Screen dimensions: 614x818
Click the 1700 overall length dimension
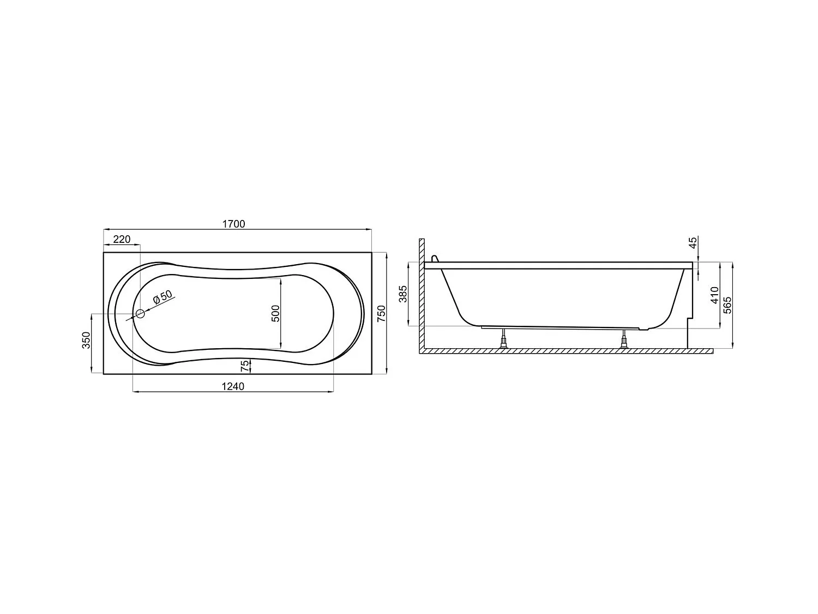pyautogui.click(x=234, y=224)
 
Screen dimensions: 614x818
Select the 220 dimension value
pyautogui.click(x=122, y=239)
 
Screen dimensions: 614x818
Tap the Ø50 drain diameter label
pyautogui.click(x=162, y=297)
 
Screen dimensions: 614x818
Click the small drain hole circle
pyautogui.click(x=140, y=313)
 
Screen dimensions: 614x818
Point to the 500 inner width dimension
pyautogui.click(x=275, y=313)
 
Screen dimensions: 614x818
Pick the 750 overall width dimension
pyautogui.click(x=381, y=313)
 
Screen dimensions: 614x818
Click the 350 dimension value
pyautogui.click(x=86, y=343)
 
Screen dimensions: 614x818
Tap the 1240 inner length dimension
pyautogui.click(x=233, y=386)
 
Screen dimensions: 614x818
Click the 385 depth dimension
pyautogui.click(x=404, y=294)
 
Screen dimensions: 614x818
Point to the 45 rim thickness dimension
pyautogui.click(x=693, y=243)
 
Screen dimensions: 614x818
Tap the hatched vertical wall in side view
pyautogui.click(x=421, y=295)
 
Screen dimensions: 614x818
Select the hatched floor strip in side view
pyautogui.click(x=567, y=352)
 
